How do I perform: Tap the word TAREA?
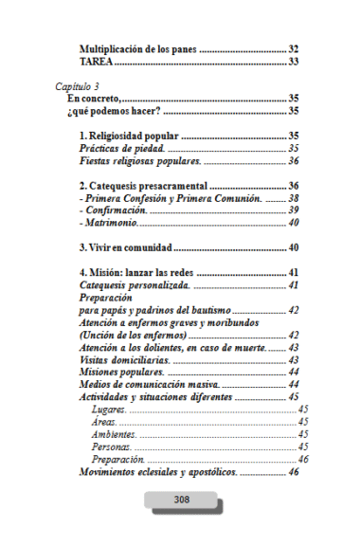(96, 62)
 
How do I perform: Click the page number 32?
(294, 48)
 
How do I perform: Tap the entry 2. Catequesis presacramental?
(143, 186)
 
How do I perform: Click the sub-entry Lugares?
(105, 410)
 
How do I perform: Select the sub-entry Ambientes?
(113, 434)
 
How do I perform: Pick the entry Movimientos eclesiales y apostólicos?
(158, 471)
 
